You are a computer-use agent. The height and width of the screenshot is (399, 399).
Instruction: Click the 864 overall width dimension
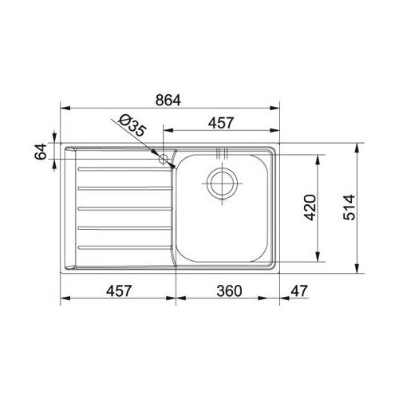coord(168,101)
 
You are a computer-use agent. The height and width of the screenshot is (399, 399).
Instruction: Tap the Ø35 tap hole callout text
coord(132,125)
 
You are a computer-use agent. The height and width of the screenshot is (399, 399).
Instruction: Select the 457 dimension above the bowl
coord(221,123)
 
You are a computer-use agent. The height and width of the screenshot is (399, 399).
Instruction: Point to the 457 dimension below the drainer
coord(119,290)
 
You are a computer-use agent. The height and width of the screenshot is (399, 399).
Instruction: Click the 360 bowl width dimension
coord(229,290)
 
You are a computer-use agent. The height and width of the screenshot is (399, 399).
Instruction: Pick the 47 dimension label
coord(299,290)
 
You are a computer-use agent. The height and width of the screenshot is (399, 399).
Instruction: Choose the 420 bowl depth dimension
coord(310,207)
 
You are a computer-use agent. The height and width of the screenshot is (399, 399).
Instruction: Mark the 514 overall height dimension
coord(349,207)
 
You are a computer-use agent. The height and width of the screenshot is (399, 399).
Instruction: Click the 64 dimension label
coord(41,152)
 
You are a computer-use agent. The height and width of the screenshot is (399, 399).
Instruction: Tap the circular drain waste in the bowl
coord(222,184)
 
